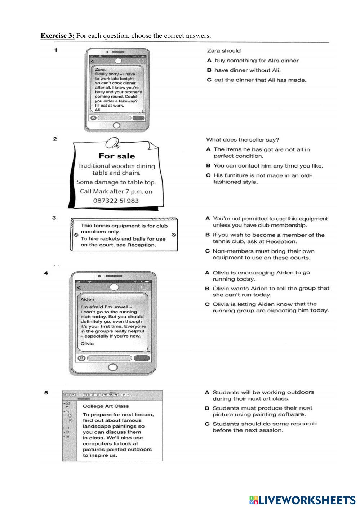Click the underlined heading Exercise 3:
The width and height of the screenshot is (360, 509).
coord(57,36)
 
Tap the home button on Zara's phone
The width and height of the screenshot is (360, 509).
coord(116,125)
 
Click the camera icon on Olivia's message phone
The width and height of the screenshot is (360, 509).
coord(82,358)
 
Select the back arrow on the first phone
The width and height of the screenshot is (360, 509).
coord(92,61)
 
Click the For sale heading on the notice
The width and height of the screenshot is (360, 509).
coord(116,156)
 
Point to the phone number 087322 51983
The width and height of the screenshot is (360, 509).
coord(116,201)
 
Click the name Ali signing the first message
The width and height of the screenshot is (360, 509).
coord(98,110)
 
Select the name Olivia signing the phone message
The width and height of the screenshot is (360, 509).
coord(87,344)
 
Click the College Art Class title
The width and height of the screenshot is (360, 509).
coord(106,406)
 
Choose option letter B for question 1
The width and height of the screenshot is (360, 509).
coord(209,70)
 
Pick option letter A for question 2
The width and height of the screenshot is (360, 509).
coord(208,149)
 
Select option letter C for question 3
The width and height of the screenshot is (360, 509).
coord(208,251)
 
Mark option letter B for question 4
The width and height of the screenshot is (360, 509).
coord(207,289)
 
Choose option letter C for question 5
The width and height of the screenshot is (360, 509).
coord(207,424)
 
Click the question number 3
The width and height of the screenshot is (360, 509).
coord(54,218)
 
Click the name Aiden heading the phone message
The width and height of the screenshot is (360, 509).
coord(87,299)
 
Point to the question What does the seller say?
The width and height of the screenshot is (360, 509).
coord(243,140)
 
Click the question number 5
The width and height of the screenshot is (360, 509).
coord(46,393)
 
